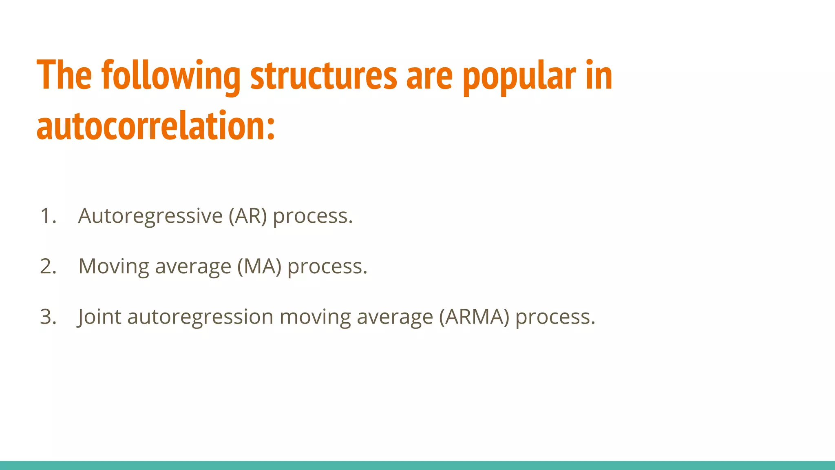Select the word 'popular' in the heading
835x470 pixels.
tap(519, 77)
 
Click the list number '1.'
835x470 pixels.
tap(48, 216)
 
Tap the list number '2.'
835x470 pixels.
tap(48, 266)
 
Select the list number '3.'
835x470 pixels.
tap(48, 317)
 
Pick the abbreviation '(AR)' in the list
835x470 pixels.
tap(247, 216)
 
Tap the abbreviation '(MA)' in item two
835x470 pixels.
tap(259, 267)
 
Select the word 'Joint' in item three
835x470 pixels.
tap(99, 317)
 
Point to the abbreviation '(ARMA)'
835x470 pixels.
tap(474, 317)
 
